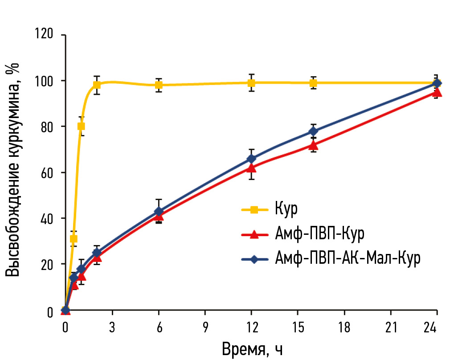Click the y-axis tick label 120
click(x=45, y=34)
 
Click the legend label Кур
click(x=286, y=209)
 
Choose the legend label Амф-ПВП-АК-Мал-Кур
click(x=348, y=259)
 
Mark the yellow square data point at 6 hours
click(x=159, y=85)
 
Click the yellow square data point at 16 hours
click(x=313, y=83)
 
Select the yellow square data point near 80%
click(x=81, y=126)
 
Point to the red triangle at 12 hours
click(x=251, y=168)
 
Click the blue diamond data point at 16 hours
click(x=313, y=131)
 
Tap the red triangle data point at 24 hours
click(x=437, y=93)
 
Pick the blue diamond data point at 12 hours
click(x=251, y=159)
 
